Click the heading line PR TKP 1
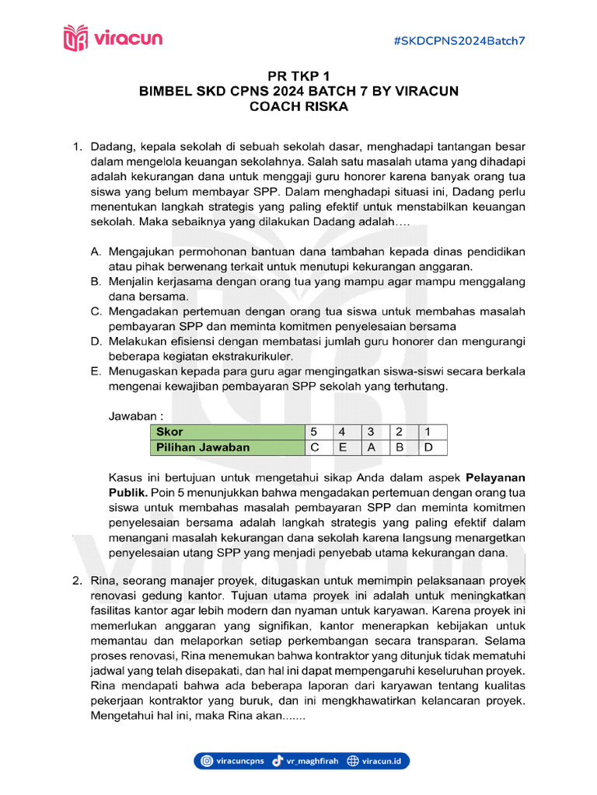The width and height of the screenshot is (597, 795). tap(298, 77)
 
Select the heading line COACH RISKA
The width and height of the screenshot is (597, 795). tap(298, 106)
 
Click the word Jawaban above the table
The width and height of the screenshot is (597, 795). tap(131, 415)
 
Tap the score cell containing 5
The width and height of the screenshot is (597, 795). tap(315, 431)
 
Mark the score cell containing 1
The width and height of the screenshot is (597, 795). tap(429, 431)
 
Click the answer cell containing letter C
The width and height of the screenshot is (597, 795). tap(315, 446)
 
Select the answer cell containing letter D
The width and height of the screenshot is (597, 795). tap(429, 446)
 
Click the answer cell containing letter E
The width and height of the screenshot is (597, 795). tap(343, 446)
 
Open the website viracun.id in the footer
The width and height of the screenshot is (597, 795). tap(379, 762)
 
